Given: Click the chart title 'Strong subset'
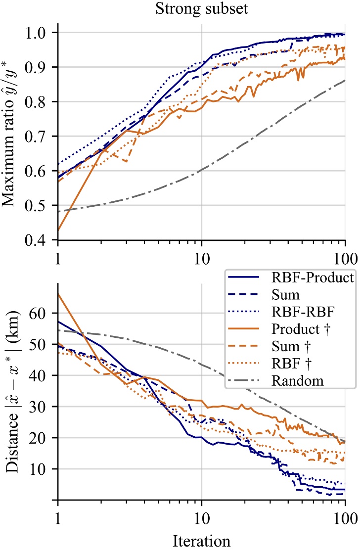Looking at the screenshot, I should (201, 8).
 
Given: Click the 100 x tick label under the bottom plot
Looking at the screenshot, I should (344, 520).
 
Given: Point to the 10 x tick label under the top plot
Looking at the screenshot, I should (201, 259).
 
